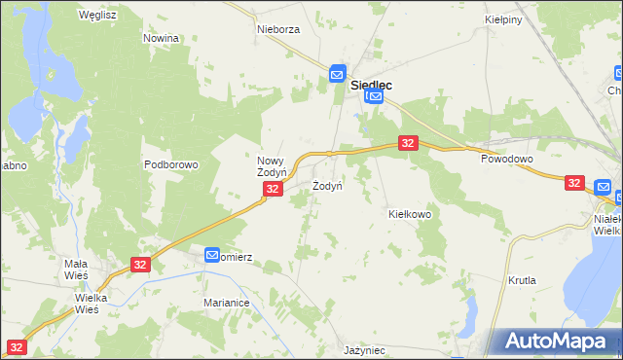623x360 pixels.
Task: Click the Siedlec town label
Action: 370,85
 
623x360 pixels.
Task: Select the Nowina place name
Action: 162,38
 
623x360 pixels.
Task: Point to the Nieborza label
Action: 278,29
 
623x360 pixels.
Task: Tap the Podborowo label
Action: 171,164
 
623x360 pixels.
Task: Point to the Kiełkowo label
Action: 410,214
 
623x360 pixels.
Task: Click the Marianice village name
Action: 227,304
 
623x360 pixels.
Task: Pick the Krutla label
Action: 523,280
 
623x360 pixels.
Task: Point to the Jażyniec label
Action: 365,349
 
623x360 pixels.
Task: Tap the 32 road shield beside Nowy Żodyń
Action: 274,189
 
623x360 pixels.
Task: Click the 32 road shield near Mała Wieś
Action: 140,264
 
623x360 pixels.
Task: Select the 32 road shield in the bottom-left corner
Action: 18,346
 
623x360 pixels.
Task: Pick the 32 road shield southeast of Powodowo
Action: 574,182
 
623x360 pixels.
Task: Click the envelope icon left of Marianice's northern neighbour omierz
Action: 212,255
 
